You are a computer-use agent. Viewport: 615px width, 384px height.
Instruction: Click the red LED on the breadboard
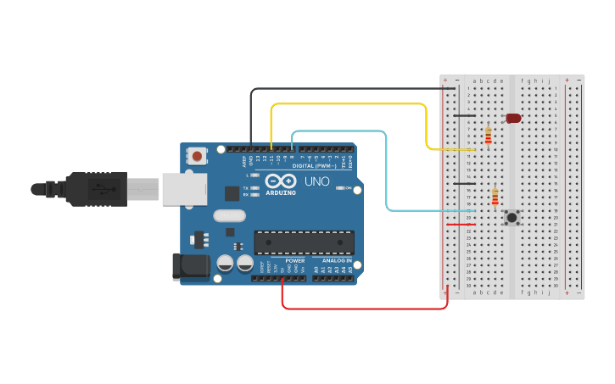(x=513, y=119)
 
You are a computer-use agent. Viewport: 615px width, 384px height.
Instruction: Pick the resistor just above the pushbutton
(x=495, y=197)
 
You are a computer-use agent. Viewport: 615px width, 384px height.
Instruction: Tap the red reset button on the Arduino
(x=198, y=156)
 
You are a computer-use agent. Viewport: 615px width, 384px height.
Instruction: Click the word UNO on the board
(x=316, y=181)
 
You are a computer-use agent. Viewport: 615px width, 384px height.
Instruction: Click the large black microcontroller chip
(x=304, y=242)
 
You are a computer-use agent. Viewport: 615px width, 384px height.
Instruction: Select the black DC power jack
(x=190, y=266)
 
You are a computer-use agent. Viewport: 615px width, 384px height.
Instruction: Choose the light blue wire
(x=387, y=170)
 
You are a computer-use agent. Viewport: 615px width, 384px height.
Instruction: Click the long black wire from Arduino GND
(x=339, y=88)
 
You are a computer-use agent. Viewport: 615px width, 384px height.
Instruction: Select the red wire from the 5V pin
(x=365, y=309)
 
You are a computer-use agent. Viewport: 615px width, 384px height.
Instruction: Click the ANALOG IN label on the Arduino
(x=337, y=261)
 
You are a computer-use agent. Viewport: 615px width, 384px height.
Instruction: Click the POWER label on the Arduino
(x=294, y=261)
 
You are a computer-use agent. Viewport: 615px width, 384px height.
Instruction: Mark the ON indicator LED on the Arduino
(x=338, y=187)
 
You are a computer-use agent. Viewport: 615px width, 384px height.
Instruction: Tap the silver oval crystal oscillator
(x=229, y=215)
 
